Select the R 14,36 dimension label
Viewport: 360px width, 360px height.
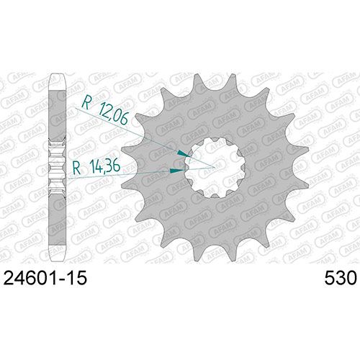[96, 166]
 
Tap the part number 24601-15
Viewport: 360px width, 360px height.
[45, 278]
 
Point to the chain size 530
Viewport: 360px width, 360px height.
[341, 278]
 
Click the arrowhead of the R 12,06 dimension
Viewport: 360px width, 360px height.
[182, 153]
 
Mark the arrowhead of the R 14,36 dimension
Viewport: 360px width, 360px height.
[177, 171]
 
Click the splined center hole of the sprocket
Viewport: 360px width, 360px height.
[215, 167]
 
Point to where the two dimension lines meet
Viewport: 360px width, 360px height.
[214, 167]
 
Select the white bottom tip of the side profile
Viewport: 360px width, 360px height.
[57, 253]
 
